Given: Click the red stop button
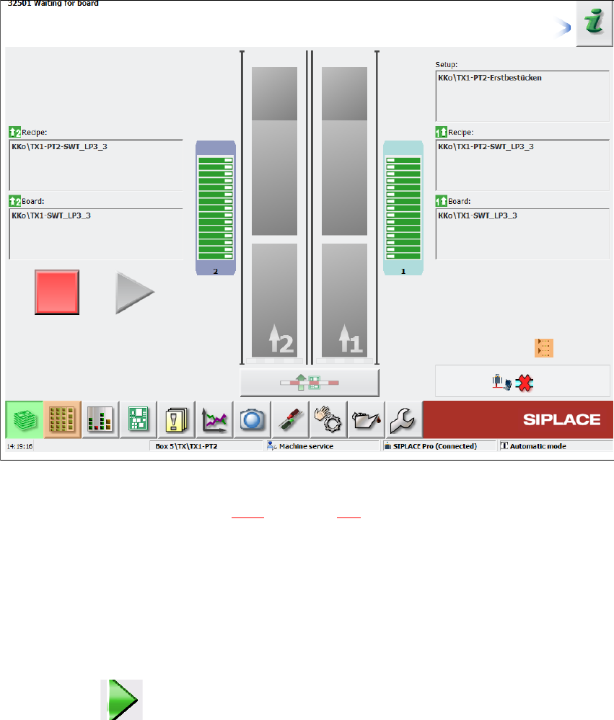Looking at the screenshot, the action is pyautogui.click(x=57, y=292).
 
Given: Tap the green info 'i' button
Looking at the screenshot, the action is pyautogui.click(x=594, y=24).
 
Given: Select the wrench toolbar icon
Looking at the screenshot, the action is pyautogui.click(x=403, y=419).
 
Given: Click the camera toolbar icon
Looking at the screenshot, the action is pyautogui.click(x=253, y=419).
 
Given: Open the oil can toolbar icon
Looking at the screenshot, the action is pyautogui.click(x=366, y=419).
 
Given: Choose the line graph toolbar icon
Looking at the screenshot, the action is pyautogui.click(x=215, y=419).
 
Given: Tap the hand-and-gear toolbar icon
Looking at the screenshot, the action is pyautogui.click(x=328, y=419).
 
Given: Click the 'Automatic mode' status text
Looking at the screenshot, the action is pyautogui.click(x=538, y=446).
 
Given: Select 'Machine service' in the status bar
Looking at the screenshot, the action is pyautogui.click(x=307, y=446).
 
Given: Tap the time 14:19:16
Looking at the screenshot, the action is pyautogui.click(x=19, y=446).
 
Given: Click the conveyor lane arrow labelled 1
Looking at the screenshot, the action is pyautogui.click(x=350, y=339).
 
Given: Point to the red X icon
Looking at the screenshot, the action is pyautogui.click(x=525, y=383).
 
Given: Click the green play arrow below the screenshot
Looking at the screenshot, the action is pyautogui.click(x=123, y=698).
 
